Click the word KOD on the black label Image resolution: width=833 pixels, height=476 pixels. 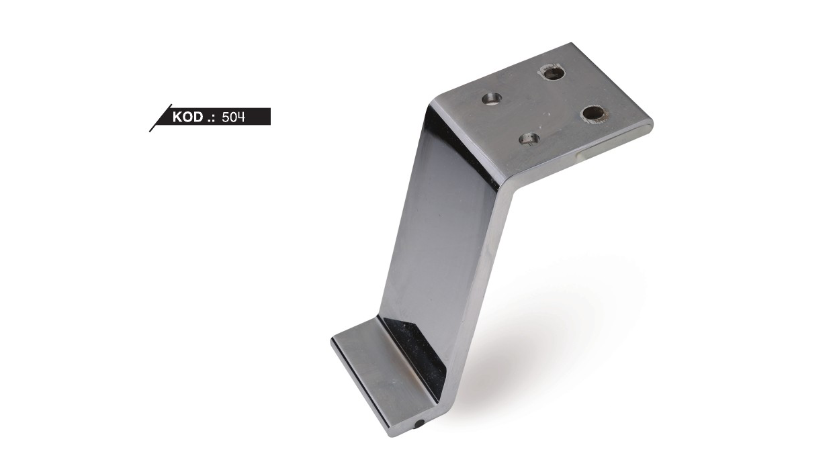[187, 117]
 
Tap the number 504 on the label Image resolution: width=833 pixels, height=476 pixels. [234, 117]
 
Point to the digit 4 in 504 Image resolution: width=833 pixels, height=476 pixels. [241, 117]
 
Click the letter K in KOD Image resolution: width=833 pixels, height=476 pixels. [177, 117]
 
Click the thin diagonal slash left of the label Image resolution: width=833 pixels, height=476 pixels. [161, 118]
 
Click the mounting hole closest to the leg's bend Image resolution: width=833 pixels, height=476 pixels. [492, 99]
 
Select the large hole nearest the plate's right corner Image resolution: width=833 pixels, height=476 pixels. [593, 113]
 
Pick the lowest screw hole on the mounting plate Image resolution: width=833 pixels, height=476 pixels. [529, 139]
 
